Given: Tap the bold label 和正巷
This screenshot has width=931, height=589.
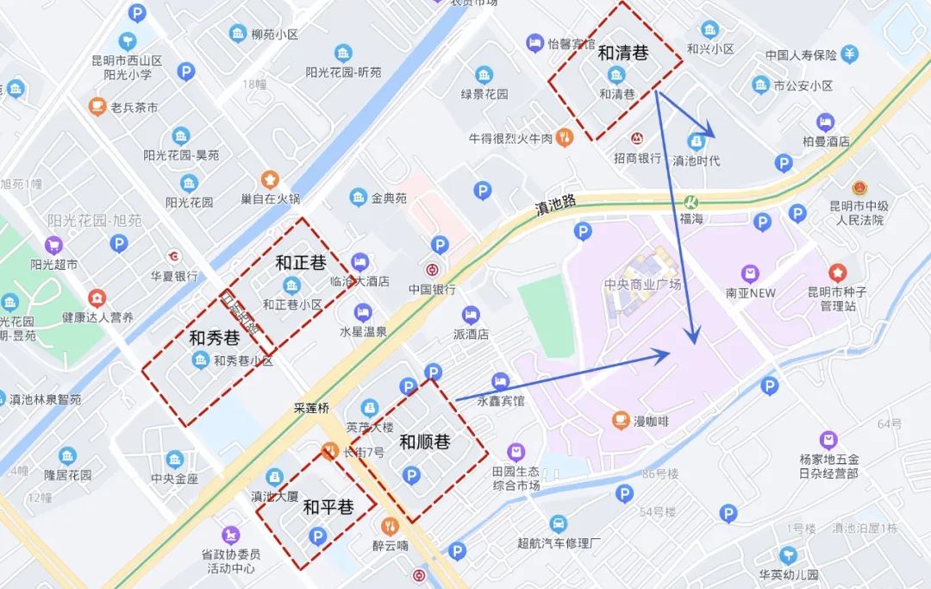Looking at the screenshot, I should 300,262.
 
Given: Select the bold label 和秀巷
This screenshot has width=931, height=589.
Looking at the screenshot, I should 214,338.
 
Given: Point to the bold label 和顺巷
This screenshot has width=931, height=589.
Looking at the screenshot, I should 424,442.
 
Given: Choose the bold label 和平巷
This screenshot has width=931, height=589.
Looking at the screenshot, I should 328,508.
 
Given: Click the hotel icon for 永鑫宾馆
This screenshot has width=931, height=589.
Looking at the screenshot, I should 500,380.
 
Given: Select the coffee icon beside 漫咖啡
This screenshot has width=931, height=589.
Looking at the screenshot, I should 620,420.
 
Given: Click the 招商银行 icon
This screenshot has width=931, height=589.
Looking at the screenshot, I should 637,138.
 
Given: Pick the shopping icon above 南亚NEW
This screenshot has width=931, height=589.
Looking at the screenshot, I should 750,273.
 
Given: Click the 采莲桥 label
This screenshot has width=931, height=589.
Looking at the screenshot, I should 311,408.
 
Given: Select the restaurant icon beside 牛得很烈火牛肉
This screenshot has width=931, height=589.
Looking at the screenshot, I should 565,136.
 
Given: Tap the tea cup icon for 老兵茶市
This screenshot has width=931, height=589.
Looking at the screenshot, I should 97,107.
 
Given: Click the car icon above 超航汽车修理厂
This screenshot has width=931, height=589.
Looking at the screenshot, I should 558,523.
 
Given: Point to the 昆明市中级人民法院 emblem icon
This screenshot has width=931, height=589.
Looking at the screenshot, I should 859,187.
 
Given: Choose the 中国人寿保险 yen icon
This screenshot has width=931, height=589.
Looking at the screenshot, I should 850,53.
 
